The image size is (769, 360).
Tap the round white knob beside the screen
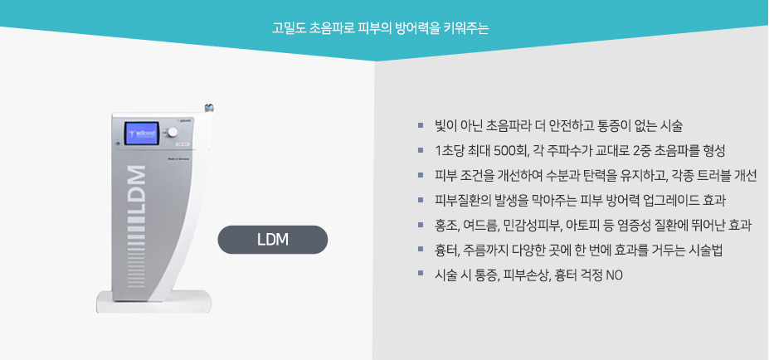pos(173,133)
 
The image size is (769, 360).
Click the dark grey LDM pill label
pos(272,240)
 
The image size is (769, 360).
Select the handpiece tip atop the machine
pos(209,108)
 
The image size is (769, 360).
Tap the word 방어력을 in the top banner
pos(422,27)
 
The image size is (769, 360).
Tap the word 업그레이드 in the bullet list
pos(668,200)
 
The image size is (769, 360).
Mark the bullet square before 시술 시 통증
pos(421,274)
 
